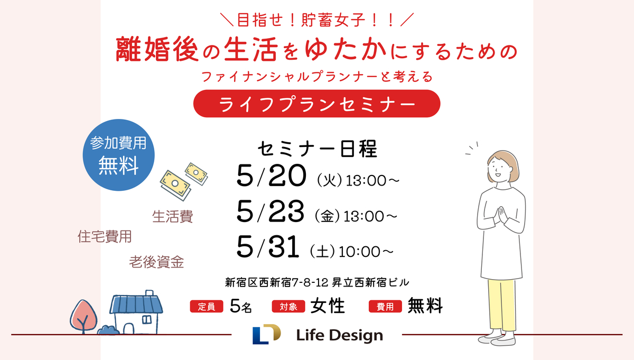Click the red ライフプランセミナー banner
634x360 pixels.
[x=316, y=104]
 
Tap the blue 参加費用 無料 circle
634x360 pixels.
[x=118, y=155]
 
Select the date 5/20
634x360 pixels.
[x=272, y=176]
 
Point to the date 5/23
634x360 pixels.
[x=271, y=211]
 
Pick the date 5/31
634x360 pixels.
[x=268, y=247]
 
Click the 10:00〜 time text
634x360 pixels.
[x=366, y=252]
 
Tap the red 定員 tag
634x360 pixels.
[x=207, y=307]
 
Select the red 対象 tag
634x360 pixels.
[x=288, y=307]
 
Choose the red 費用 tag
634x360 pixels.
[x=385, y=307]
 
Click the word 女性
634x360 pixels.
[x=328, y=306]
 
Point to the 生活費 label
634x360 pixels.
[x=173, y=217]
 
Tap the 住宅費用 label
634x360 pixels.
[x=105, y=237]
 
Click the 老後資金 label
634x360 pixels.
[x=156, y=262]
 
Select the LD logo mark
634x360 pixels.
[x=267, y=334]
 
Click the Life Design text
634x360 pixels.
[x=340, y=335]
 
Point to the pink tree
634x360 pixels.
[x=83, y=317]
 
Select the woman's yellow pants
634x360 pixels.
[x=501, y=305]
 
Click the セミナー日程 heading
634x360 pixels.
[x=318, y=149]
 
